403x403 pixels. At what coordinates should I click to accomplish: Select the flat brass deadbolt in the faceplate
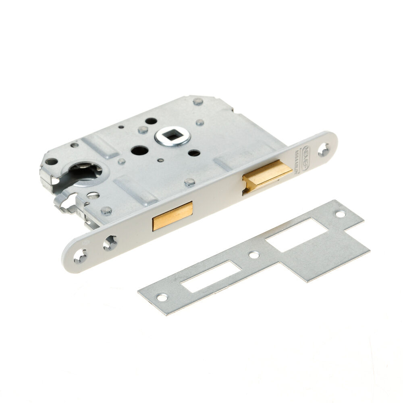pos(172,216)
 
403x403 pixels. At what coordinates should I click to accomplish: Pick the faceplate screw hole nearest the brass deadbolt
pos(109,243)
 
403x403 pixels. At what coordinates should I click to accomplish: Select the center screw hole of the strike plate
pos(253,255)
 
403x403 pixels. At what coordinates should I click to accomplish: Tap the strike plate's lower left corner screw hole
pos(162,298)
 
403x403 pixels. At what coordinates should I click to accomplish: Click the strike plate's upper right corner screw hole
pos(341,214)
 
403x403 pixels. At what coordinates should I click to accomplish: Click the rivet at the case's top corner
pos(197,100)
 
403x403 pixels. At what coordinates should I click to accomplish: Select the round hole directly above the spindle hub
pos(151,120)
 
